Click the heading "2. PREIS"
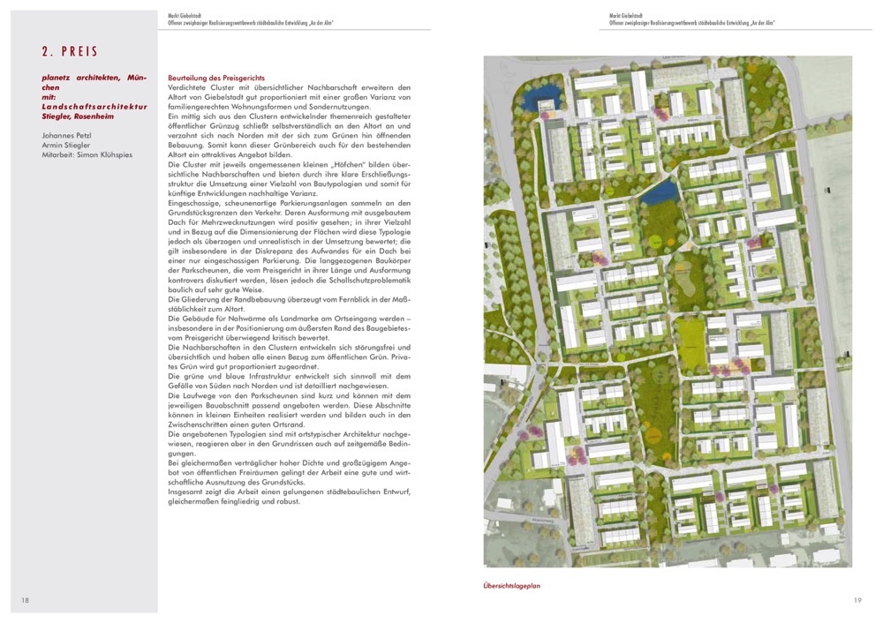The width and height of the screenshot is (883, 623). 70,52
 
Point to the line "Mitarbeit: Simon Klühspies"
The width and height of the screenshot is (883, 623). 86,155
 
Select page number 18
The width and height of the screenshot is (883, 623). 26,601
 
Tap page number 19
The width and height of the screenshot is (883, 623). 857,601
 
